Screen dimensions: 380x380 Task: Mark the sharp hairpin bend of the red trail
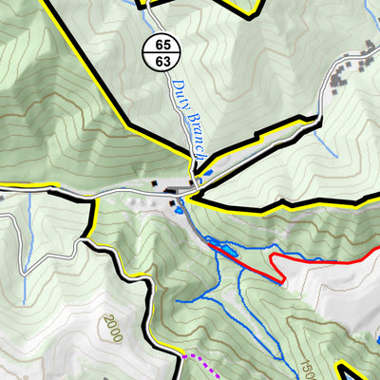pyautogui.click(x=281, y=277)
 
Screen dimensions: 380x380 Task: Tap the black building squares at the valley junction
pyautogui.click(x=175, y=190)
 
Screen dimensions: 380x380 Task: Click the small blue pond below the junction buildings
pyautogui.click(x=179, y=208)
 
